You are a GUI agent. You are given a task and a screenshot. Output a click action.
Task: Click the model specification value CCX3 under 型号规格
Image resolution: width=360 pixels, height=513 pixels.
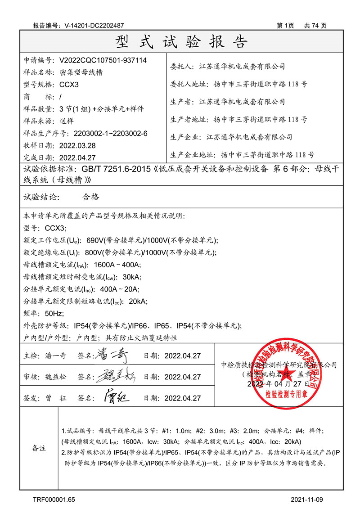[69, 84]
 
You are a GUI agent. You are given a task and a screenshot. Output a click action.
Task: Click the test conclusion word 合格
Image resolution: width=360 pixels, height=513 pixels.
[91, 197]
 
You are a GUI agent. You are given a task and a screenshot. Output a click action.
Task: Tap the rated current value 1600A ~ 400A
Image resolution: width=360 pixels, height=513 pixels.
[117, 265]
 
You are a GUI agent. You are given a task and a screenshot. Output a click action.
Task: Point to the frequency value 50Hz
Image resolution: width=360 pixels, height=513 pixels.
[54, 313]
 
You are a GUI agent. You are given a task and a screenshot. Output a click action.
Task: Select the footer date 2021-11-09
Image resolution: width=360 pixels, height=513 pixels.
[307, 499]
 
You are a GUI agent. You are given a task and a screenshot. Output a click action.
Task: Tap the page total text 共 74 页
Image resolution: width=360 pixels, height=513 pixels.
[315, 26]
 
